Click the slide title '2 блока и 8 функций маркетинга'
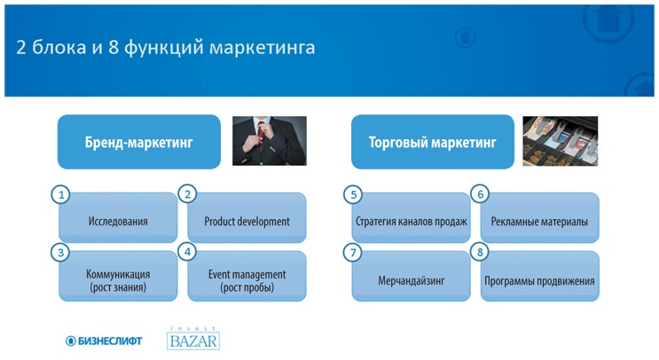tap(165, 47)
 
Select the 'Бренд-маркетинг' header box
tap(138, 142)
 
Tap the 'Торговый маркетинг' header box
tap(432, 142)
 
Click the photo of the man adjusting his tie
tap(269, 141)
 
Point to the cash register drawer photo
tap(560, 141)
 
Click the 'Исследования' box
tap(118, 221)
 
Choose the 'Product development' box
tap(247, 221)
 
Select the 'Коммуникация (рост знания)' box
tap(118, 280)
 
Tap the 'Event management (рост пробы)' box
tap(247, 280)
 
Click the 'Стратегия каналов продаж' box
tap(411, 221)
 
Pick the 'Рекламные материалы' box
tap(539, 221)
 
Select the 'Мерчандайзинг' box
tap(411, 281)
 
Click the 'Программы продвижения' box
tap(539, 281)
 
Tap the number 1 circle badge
tap(60, 194)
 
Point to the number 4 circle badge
tap(187, 253)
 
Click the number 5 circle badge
tap(353, 194)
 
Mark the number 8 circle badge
tap(481, 253)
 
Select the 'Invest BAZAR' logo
tap(192, 338)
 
